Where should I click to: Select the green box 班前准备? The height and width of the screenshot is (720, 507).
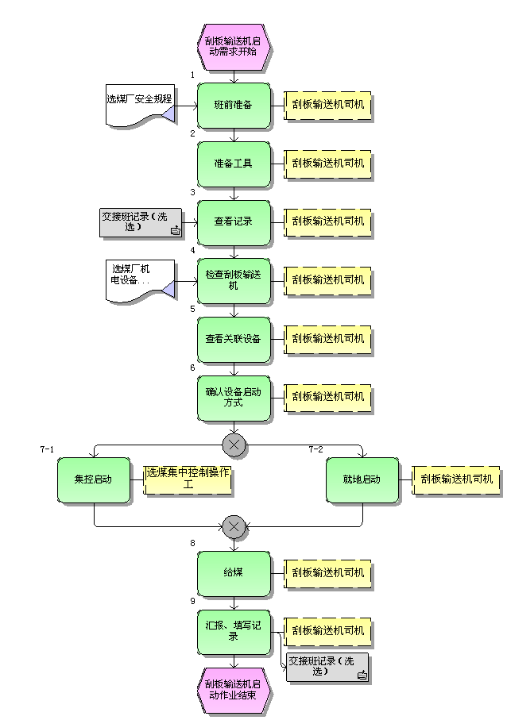coord(234,105)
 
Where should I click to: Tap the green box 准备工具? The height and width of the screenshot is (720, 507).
coord(234,164)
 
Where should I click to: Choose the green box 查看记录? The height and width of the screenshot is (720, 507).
coord(234,221)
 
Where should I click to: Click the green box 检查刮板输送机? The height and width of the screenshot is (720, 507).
coord(234,280)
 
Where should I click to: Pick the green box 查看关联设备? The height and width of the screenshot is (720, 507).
coord(234,339)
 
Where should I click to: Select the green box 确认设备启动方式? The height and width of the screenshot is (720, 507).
coord(234,397)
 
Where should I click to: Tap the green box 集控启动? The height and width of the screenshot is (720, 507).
coord(94,479)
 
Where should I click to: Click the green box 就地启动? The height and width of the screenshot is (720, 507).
coord(362,479)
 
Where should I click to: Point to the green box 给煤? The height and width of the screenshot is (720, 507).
coord(234,572)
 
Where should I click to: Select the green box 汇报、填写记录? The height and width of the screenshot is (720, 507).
coord(234,631)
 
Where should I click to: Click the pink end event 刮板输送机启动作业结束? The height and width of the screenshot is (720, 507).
coord(234,689)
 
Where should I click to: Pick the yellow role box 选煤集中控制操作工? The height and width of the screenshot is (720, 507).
coord(188,479)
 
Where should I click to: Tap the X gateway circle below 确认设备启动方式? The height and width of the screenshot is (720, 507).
coord(234,445)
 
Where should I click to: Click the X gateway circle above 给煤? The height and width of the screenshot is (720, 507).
coord(234,526)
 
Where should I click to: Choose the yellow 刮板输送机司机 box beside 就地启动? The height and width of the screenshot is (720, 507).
coord(456,479)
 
